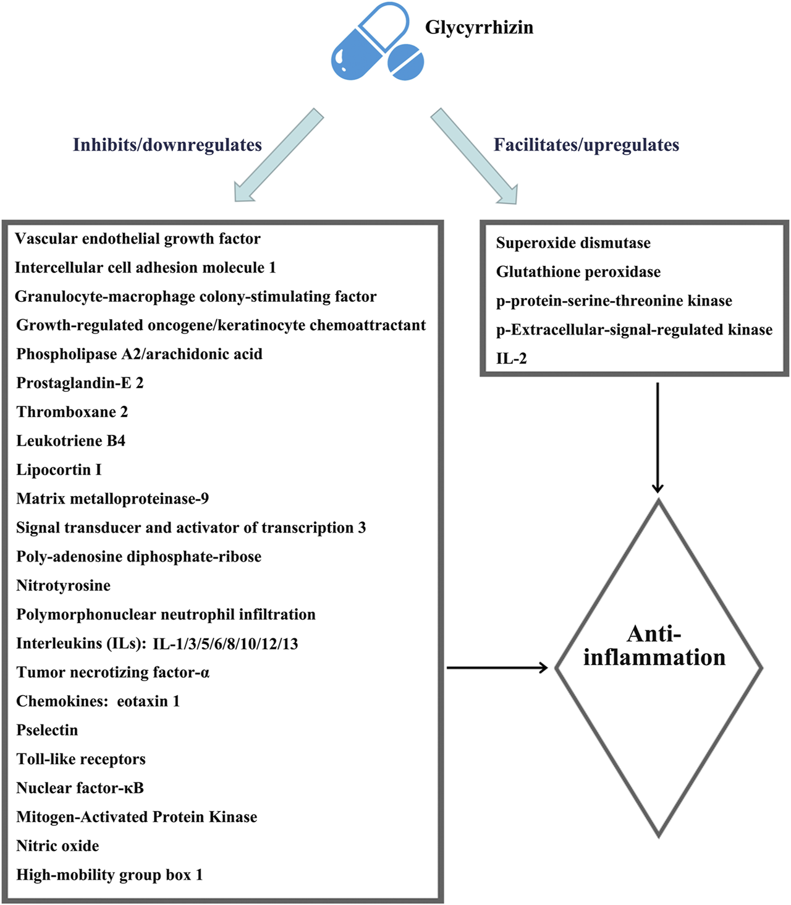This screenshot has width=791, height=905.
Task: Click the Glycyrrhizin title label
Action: [479, 28]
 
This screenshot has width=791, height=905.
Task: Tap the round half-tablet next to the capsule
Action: [406, 62]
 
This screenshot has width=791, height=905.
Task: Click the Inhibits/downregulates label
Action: [167, 145]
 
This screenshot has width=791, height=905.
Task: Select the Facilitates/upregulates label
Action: [586, 145]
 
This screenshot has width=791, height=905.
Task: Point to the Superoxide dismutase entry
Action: [573, 243]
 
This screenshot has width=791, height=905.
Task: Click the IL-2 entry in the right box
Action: [511, 359]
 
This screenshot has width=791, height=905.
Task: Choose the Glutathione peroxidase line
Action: [578, 272]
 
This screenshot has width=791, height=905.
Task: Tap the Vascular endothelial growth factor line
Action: [138, 239]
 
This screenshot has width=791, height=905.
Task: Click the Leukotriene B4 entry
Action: [70, 441]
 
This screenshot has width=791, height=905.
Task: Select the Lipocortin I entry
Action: [59, 470]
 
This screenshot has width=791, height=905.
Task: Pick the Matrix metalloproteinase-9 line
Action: [112, 499]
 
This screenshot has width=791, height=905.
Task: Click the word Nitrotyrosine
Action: [63, 586]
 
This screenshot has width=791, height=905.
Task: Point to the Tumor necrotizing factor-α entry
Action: [112, 672]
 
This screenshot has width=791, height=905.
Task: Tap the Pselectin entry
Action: [47, 731]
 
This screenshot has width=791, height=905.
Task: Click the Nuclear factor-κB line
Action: [80, 788]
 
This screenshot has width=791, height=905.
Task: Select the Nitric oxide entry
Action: [57, 846]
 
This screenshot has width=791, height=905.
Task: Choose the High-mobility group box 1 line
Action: [109, 875]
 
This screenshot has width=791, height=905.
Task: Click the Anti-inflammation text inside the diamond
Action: [654, 646]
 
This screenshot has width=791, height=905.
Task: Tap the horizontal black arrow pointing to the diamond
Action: [497, 667]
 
